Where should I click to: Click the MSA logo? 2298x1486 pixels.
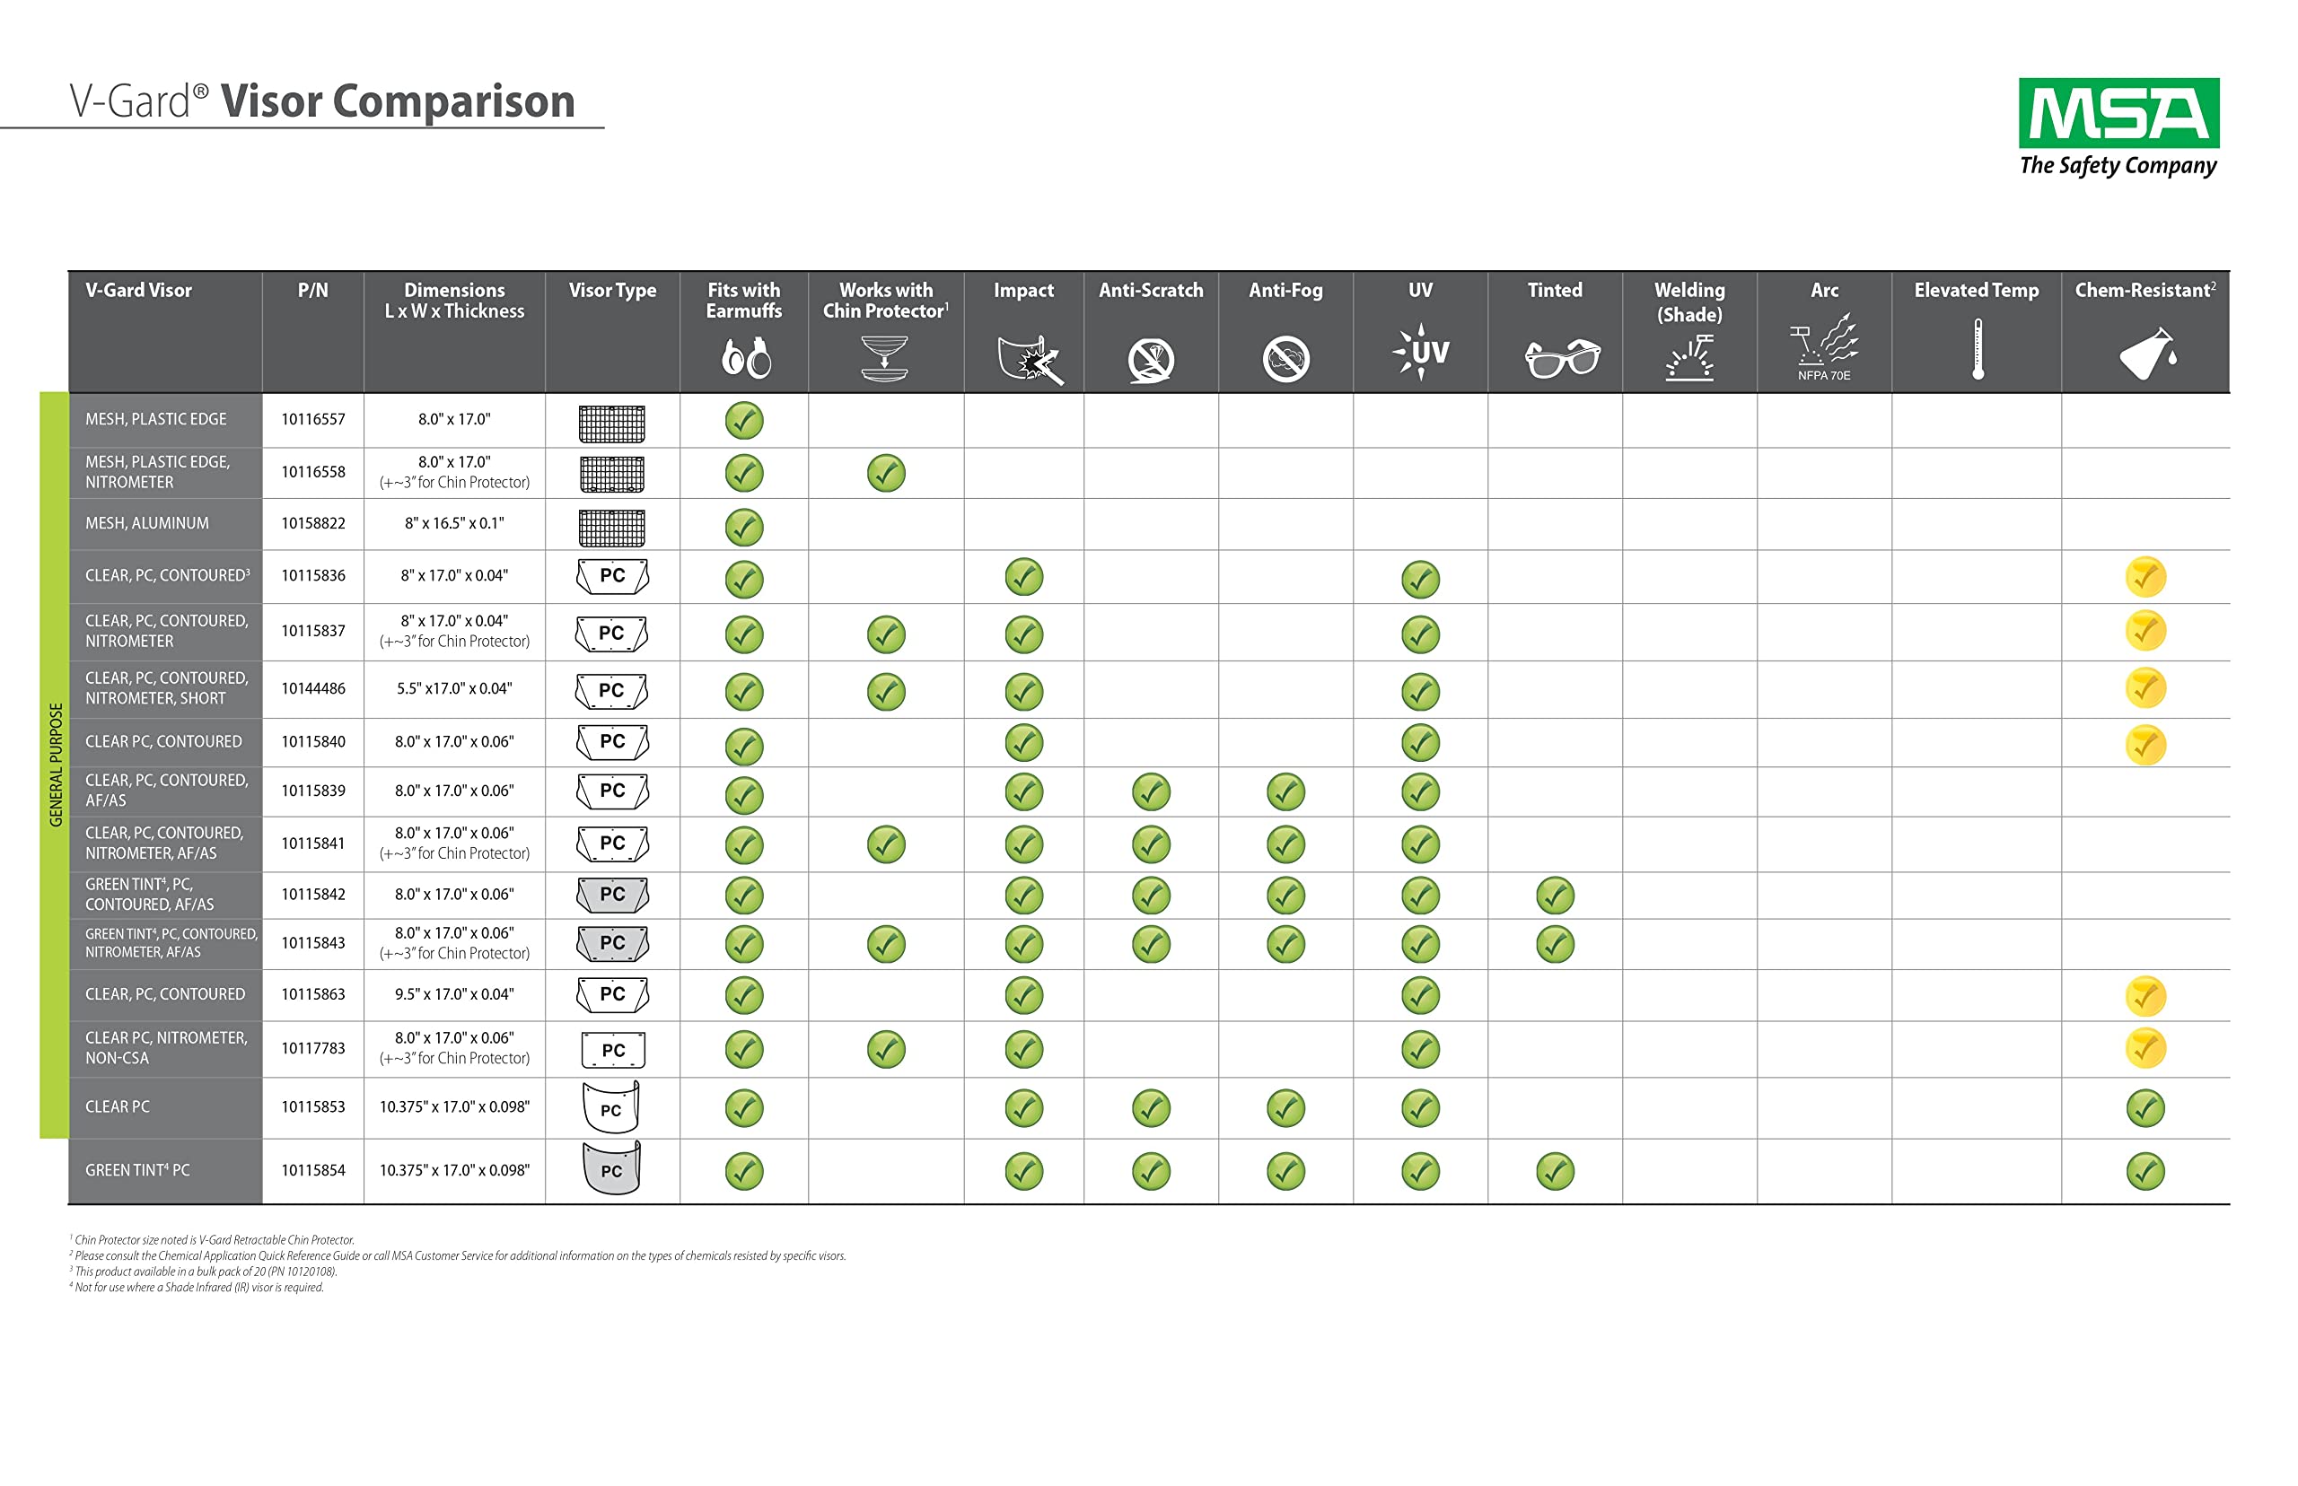tap(2118, 127)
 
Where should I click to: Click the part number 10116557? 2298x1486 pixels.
tap(312, 419)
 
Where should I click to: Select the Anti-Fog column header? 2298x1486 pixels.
tap(1285, 290)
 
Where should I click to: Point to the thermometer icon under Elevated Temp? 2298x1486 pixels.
tap(1977, 349)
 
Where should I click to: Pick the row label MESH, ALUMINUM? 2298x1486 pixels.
tap(146, 523)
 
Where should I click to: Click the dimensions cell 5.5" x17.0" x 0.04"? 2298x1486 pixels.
tap(453, 688)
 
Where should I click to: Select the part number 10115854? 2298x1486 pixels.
tap(312, 1169)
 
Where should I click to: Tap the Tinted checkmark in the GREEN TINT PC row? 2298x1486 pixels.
tap(1554, 1171)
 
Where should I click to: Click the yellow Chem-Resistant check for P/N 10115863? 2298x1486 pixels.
tap(2145, 996)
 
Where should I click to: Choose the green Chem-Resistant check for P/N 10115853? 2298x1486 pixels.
tap(2145, 1107)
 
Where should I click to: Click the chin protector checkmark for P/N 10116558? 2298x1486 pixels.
tap(885, 473)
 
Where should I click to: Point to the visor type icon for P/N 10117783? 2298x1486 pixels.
tap(612, 1050)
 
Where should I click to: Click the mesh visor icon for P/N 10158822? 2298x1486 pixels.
tap(612, 527)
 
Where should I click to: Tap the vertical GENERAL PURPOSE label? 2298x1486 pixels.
tap(55, 765)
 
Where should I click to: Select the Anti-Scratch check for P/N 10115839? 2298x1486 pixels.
tap(1151, 792)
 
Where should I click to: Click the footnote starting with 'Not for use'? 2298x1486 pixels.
tap(197, 1287)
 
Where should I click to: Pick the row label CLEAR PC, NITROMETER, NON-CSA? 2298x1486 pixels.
tap(165, 1048)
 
